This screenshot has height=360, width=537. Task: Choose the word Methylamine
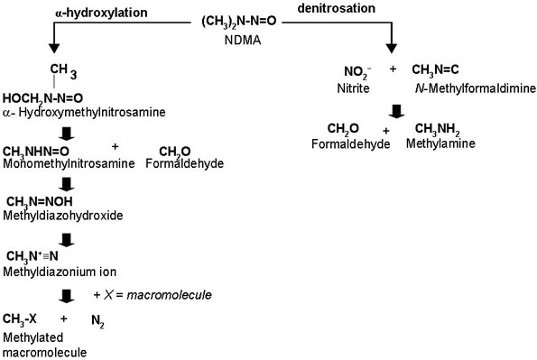click(x=437, y=143)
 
